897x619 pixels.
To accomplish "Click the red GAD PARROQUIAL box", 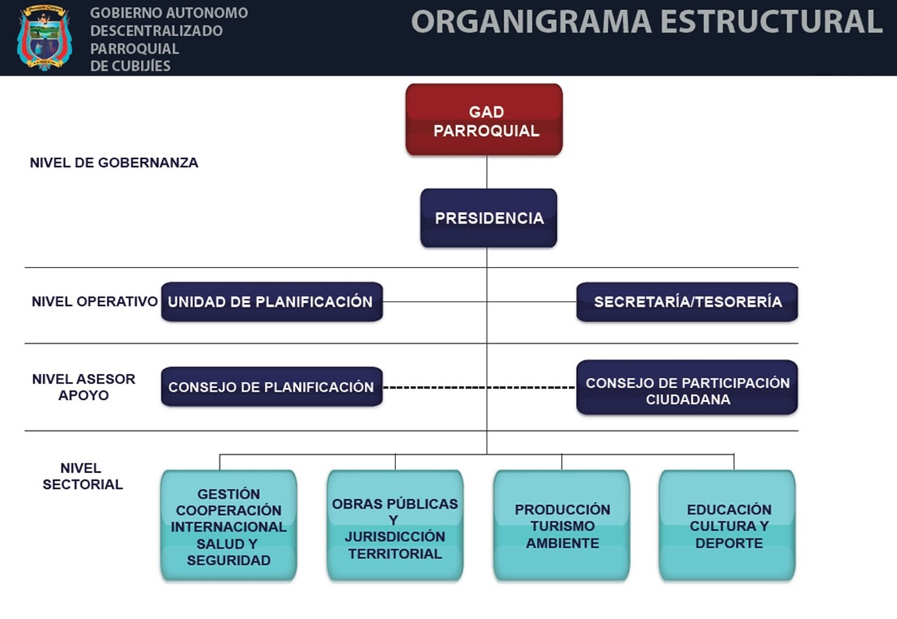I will pyautogui.click(x=484, y=120).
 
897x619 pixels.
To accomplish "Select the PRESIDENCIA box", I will pyautogui.click(x=489, y=218).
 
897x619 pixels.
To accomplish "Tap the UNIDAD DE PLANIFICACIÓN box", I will pyautogui.click(x=272, y=302).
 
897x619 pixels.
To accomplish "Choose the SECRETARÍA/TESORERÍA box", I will pyautogui.click(x=687, y=302).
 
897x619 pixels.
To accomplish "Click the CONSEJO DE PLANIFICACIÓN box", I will pyautogui.click(x=272, y=387).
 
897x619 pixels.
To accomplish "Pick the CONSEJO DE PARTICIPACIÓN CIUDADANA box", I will pyautogui.click(x=687, y=387).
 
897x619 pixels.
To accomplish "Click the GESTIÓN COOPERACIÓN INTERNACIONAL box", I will pyautogui.click(x=229, y=525).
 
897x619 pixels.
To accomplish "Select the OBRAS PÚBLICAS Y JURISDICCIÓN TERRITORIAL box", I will pyautogui.click(x=395, y=525).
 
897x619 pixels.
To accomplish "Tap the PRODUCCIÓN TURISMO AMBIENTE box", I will pyautogui.click(x=561, y=525).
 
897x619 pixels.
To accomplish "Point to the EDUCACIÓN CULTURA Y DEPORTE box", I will pyautogui.click(x=727, y=525).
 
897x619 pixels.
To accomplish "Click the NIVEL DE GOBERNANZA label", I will pyautogui.click(x=114, y=163).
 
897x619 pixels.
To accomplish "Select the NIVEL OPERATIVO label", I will pyautogui.click(x=94, y=302).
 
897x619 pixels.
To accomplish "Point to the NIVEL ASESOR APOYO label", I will pyautogui.click(x=83, y=387).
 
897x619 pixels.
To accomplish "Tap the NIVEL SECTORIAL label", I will pyautogui.click(x=82, y=476).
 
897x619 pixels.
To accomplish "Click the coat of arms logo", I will pyautogui.click(x=44, y=37).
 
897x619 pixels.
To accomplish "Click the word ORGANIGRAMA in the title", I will pyautogui.click(x=530, y=22).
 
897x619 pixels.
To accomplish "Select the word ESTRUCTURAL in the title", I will pyautogui.click(x=770, y=22).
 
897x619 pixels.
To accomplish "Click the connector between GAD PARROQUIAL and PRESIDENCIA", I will pyautogui.click(x=487, y=172).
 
